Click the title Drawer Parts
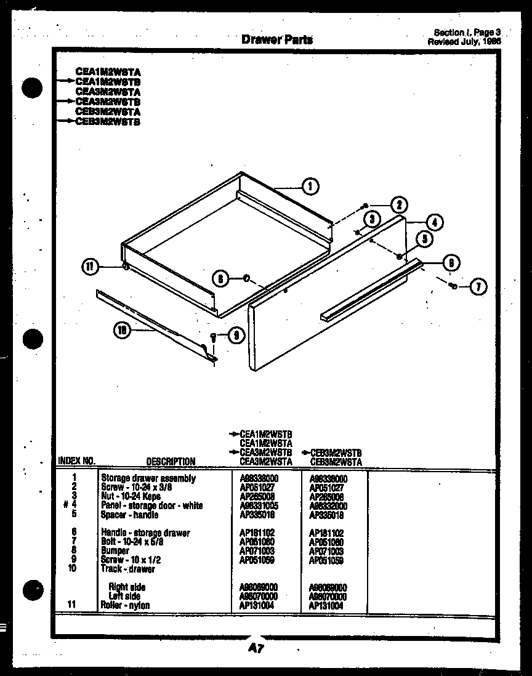click(277, 40)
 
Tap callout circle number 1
click(311, 185)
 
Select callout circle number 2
click(398, 205)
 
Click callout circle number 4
click(435, 222)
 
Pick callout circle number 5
click(425, 239)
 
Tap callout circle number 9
click(235, 336)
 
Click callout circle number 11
click(90, 267)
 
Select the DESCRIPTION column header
click(171, 461)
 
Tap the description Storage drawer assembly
click(148, 478)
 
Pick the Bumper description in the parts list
click(115, 551)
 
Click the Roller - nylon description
click(125, 605)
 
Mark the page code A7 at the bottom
click(257, 648)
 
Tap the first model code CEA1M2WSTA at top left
click(108, 71)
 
